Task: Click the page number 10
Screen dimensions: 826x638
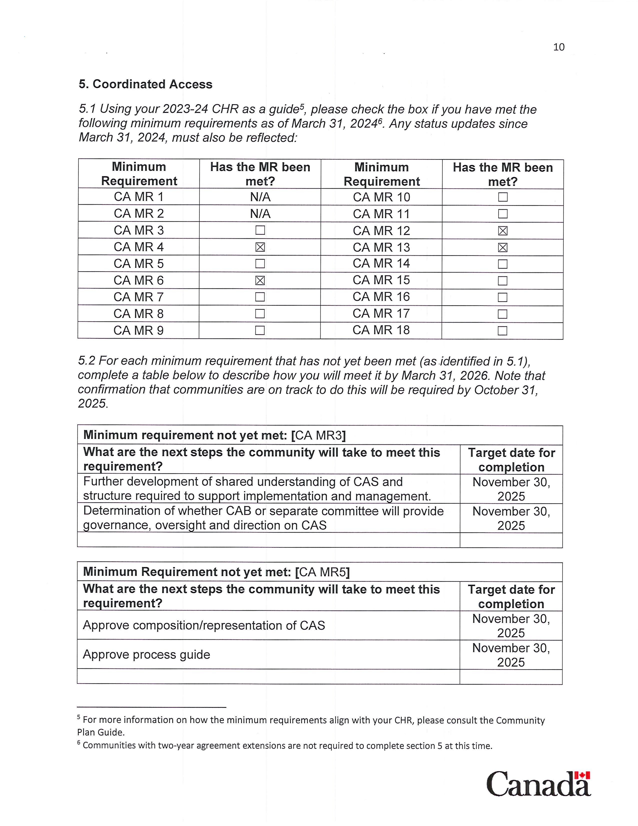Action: [x=558, y=47]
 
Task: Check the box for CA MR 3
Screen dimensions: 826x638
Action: [x=260, y=230]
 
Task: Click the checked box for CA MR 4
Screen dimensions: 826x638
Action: [x=260, y=247]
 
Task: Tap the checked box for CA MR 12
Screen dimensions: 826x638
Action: [x=502, y=231]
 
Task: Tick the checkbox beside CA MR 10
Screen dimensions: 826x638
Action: [x=502, y=197]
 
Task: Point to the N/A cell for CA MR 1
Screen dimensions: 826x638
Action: [x=260, y=197]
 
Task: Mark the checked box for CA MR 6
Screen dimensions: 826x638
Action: [x=260, y=280]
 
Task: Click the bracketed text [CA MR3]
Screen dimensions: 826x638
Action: [x=318, y=435]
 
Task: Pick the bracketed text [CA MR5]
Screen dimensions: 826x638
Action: [x=322, y=572]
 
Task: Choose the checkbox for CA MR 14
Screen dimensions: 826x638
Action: [x=502, y=264]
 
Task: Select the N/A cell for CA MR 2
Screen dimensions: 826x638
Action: [x=260, y=214]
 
